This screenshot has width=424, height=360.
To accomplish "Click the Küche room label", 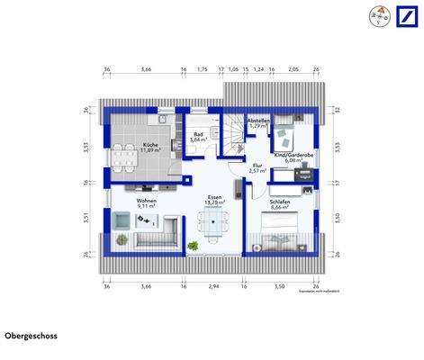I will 150,145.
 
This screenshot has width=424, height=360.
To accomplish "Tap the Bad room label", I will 198,134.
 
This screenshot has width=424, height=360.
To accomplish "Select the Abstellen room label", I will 258,121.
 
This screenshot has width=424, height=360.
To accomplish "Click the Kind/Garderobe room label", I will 293,155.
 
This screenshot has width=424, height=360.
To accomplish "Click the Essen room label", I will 214,196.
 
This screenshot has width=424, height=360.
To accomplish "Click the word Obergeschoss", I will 32,336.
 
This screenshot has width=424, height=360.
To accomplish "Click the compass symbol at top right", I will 374,17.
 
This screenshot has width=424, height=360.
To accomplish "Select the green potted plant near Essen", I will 192,244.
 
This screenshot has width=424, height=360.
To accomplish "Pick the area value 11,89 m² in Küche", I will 150,151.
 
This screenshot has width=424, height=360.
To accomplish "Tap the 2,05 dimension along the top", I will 293,68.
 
